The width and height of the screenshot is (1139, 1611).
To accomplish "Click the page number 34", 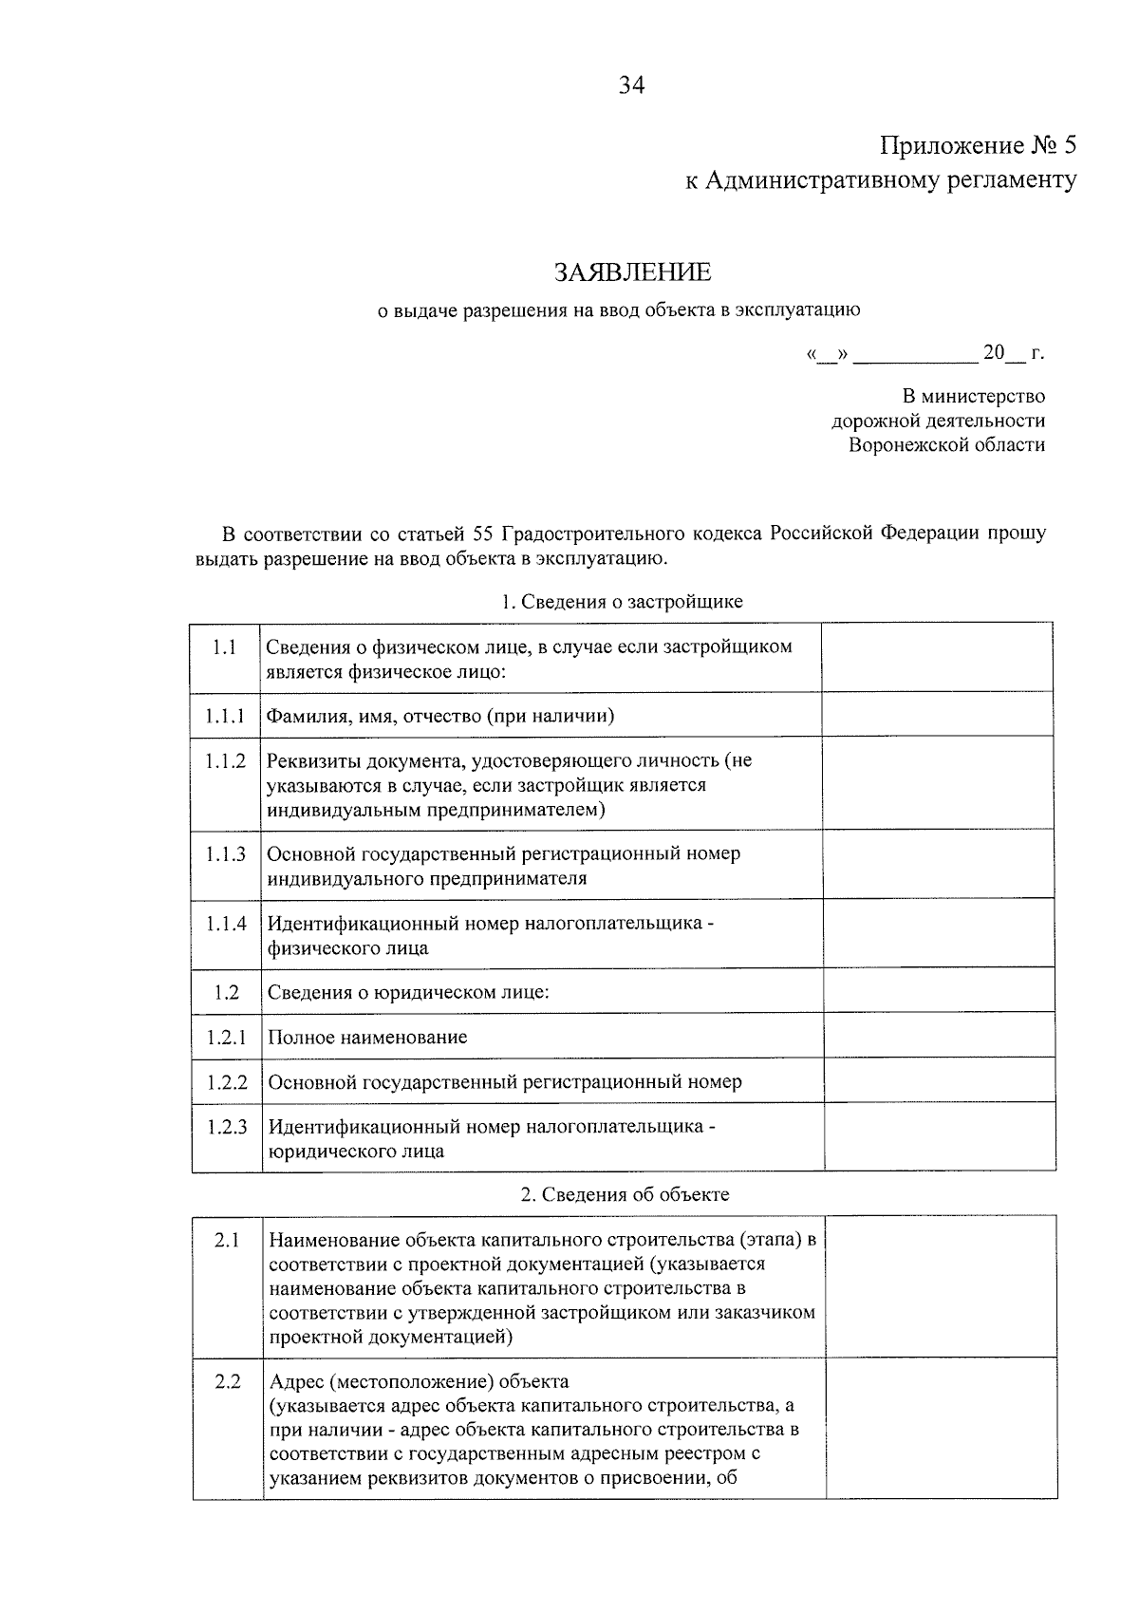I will [631, 86].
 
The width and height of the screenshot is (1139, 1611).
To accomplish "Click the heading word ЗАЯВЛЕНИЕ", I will [632, 273].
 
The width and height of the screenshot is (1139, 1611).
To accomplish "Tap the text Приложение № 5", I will [978, 146].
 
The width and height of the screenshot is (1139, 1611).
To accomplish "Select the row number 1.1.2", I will [225, 761].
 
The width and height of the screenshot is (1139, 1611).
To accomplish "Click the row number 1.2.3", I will [227, 1127].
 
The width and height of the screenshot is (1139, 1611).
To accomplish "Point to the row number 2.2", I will [228, 1381].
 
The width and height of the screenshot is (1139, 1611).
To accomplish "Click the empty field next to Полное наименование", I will [939, 1035].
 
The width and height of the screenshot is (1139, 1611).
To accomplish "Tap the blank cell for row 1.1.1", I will [937, 714].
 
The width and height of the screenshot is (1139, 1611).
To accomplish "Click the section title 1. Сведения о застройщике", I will [622, 602].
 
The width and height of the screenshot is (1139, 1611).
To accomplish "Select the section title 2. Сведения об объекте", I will [625, 1195].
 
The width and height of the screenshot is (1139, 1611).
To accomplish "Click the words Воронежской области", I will [946, 444].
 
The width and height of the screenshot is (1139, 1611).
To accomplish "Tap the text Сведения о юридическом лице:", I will [409, 993].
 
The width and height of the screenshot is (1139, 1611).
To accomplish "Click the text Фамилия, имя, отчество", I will [375, 716].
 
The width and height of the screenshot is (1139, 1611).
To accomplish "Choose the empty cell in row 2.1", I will [940, 1286].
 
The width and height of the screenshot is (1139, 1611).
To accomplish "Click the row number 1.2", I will [226, 992].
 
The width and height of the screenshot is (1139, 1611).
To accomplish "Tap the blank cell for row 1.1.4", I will [938, 933].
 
